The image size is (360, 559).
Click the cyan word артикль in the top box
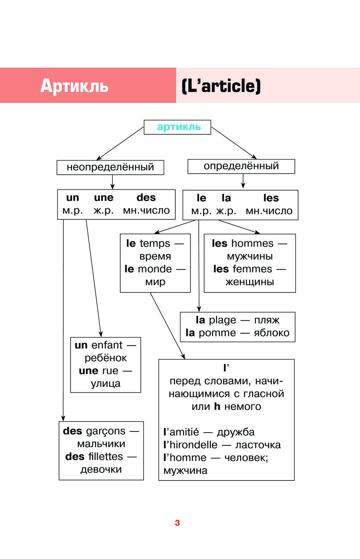179,127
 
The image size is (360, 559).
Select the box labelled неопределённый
110,167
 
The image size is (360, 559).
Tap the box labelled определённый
241,166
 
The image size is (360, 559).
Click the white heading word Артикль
74,86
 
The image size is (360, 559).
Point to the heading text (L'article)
221,86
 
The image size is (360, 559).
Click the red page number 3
177,523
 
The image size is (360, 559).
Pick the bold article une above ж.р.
104,197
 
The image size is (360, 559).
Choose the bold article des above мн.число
146,197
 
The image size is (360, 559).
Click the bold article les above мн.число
271,198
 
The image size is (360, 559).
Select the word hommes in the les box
252,243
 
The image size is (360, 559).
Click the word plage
222,320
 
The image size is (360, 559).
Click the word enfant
107,345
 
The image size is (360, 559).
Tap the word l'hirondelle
190,445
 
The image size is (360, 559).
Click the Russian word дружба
236,432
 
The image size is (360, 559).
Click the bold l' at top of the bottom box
226,368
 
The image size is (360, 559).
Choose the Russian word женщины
249,282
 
